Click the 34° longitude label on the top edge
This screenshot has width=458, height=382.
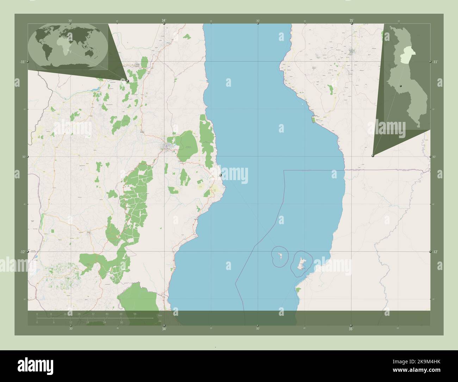tap(164, 20)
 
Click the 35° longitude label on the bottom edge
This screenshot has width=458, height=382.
tap(351, 329)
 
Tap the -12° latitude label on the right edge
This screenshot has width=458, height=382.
tap(435, 252)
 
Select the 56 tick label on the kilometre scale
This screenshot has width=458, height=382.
tap(135, 314)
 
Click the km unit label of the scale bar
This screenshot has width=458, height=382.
tap(160, 315)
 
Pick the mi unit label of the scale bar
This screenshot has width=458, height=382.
tap(160, 321)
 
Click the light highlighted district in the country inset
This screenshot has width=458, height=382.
tap(408, 56)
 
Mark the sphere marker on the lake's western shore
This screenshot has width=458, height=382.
tap(220, 175)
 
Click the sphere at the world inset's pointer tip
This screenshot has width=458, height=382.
tap(128, 81)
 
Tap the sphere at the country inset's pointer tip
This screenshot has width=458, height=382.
tap(373, 155)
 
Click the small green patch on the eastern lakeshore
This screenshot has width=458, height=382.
tap(313, 120)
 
